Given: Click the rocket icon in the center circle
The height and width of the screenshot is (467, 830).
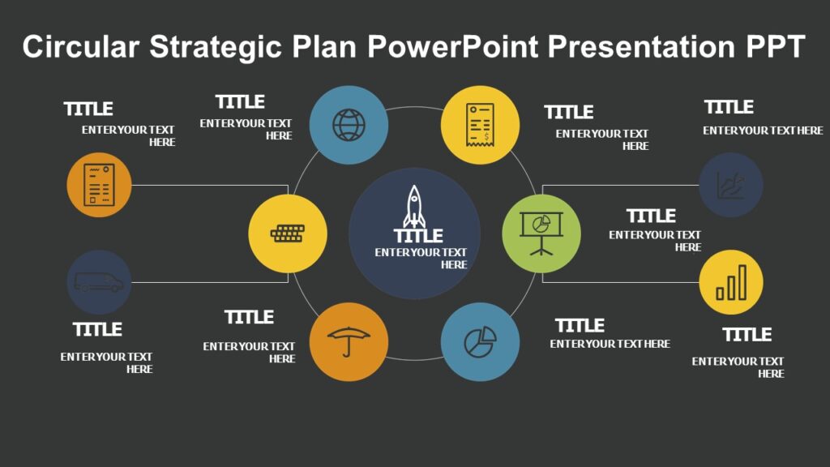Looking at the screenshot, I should pyautogui.click(x=414, y=207).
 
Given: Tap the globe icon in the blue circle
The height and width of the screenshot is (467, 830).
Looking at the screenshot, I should pyautogui.click(x=349, y=126).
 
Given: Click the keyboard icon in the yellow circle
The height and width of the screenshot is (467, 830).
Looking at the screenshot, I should pyautogui.click(x=287, y=233).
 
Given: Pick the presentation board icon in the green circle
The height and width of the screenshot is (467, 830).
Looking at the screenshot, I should pyautogui.click(x=541, y=233).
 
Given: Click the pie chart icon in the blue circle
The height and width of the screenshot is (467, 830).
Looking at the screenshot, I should pyautogui.click(x=480, y=341).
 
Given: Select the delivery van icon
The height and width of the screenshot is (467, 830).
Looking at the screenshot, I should pyautogui.click(x=99, y=282).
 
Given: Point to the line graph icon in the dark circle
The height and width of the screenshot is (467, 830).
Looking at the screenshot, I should pyautogui.click(x=731, y=185).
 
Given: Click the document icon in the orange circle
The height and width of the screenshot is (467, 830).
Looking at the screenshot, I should pyautogui.click(x=99, y=185).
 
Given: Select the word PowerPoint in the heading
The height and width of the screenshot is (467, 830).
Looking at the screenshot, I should pyautogui.click(x=452, y=47).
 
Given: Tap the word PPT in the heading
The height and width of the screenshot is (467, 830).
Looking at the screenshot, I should pyautogui.click(x=774, y=47).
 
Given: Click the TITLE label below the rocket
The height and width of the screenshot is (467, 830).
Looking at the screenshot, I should pyautogui.click(x=418, y=236).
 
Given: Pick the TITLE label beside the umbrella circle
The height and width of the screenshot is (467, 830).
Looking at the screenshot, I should pyautogui.click(x=249, y=317).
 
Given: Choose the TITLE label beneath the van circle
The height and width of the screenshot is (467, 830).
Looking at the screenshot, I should pyautogui.click(x=97, y=330).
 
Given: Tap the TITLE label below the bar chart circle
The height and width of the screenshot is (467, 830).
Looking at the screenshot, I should pyautogui.click(x=747, y=335).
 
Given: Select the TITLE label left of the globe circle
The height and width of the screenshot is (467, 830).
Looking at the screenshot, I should pyautogui.click(x=240, y=102).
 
